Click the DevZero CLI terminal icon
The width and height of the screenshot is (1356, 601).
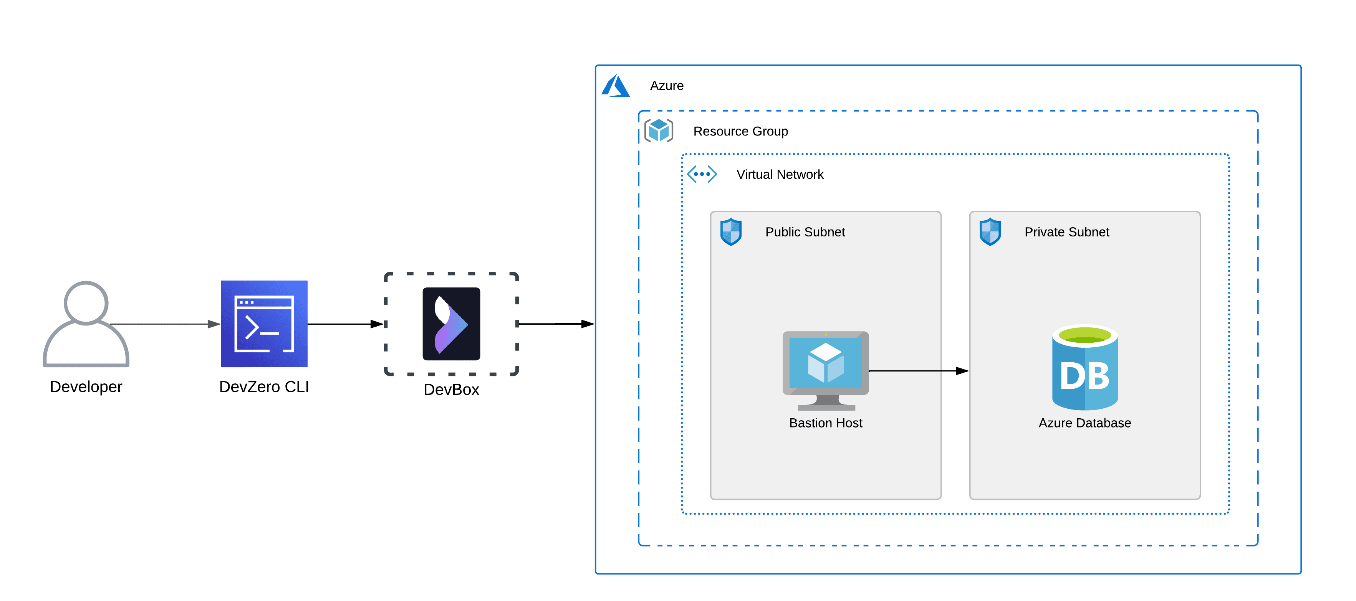(x=264, y=324)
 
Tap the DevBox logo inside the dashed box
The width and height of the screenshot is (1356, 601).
(x=451, y=324)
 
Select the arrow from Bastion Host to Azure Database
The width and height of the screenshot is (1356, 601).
(x=918, y=371)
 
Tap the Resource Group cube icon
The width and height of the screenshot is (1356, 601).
(x=659, y=130)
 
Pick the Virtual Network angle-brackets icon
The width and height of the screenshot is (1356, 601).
(x=702, y=174)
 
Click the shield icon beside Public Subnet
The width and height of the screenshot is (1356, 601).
(x=731, y=231)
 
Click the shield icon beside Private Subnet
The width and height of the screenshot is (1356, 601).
(x=990, y=231)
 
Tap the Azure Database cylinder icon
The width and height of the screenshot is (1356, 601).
(x=1084, y=368)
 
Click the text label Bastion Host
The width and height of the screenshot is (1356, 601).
(x=825, y=423)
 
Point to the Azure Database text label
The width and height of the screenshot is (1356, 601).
(x=1084, y=423)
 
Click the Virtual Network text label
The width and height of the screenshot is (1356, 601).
(x=780, y=175)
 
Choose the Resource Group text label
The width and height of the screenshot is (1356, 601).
(x=740, y=132)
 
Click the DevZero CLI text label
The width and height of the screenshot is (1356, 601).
(x=264, y=387)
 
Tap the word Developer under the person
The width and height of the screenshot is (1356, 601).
(x=86, y=387)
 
